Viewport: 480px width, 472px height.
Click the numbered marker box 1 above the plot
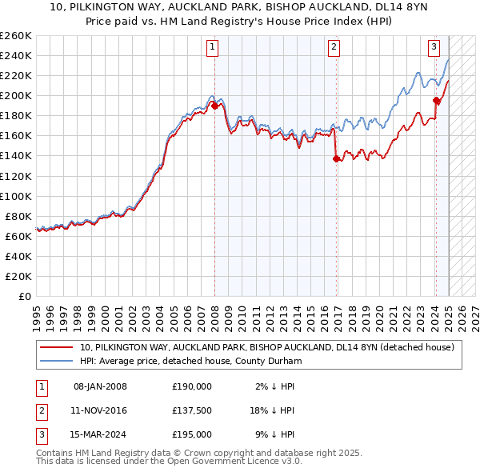point(214,47)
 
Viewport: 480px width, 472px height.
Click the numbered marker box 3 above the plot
point(434,47)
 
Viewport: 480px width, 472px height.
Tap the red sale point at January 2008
point(214,106)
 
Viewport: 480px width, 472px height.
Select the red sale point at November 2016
point(336,158)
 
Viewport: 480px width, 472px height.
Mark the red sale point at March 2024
point(436,100)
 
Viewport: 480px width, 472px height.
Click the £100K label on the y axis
point(16,196)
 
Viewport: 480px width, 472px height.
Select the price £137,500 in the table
point(192,410)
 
